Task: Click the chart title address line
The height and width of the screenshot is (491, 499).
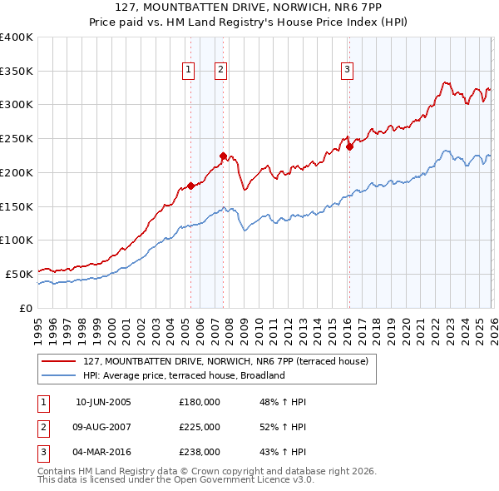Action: tap(249, 8)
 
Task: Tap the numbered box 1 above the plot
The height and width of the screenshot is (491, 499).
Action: tap(190, 71)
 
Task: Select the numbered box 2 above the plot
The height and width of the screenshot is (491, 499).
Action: tap(221, 71)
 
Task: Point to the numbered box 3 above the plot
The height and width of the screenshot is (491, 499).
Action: tap(347, 71)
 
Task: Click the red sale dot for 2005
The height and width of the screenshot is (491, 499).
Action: tap(190, 186)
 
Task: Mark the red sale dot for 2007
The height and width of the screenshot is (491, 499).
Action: tap(222, 156)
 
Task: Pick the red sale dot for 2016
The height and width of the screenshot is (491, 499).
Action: tap(349, 146)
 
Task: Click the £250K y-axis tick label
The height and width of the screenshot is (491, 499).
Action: tap(17, 139)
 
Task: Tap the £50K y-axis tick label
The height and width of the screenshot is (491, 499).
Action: tap(19, 274)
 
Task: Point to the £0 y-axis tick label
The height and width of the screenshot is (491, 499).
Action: tap(25, 308)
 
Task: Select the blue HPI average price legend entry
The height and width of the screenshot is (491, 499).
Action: tap(184, 375)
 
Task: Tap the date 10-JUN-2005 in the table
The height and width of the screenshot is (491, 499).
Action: tap(103, 402)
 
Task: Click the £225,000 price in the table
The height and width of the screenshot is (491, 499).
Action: tap(200, 427)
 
